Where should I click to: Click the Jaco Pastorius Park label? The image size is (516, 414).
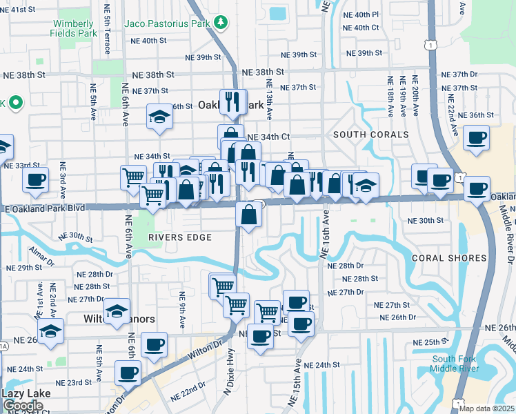click(x=166, y=23)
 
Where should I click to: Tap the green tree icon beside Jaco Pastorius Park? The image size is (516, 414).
click(x=221, y=23)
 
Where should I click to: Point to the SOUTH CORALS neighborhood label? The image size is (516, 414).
click(x=371, y=135)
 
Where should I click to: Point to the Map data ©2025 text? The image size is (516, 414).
click(x=486, y=408)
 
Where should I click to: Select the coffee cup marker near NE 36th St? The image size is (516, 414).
click(x=476, y=137)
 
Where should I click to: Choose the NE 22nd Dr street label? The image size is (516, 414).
click(x=191, y=385)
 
